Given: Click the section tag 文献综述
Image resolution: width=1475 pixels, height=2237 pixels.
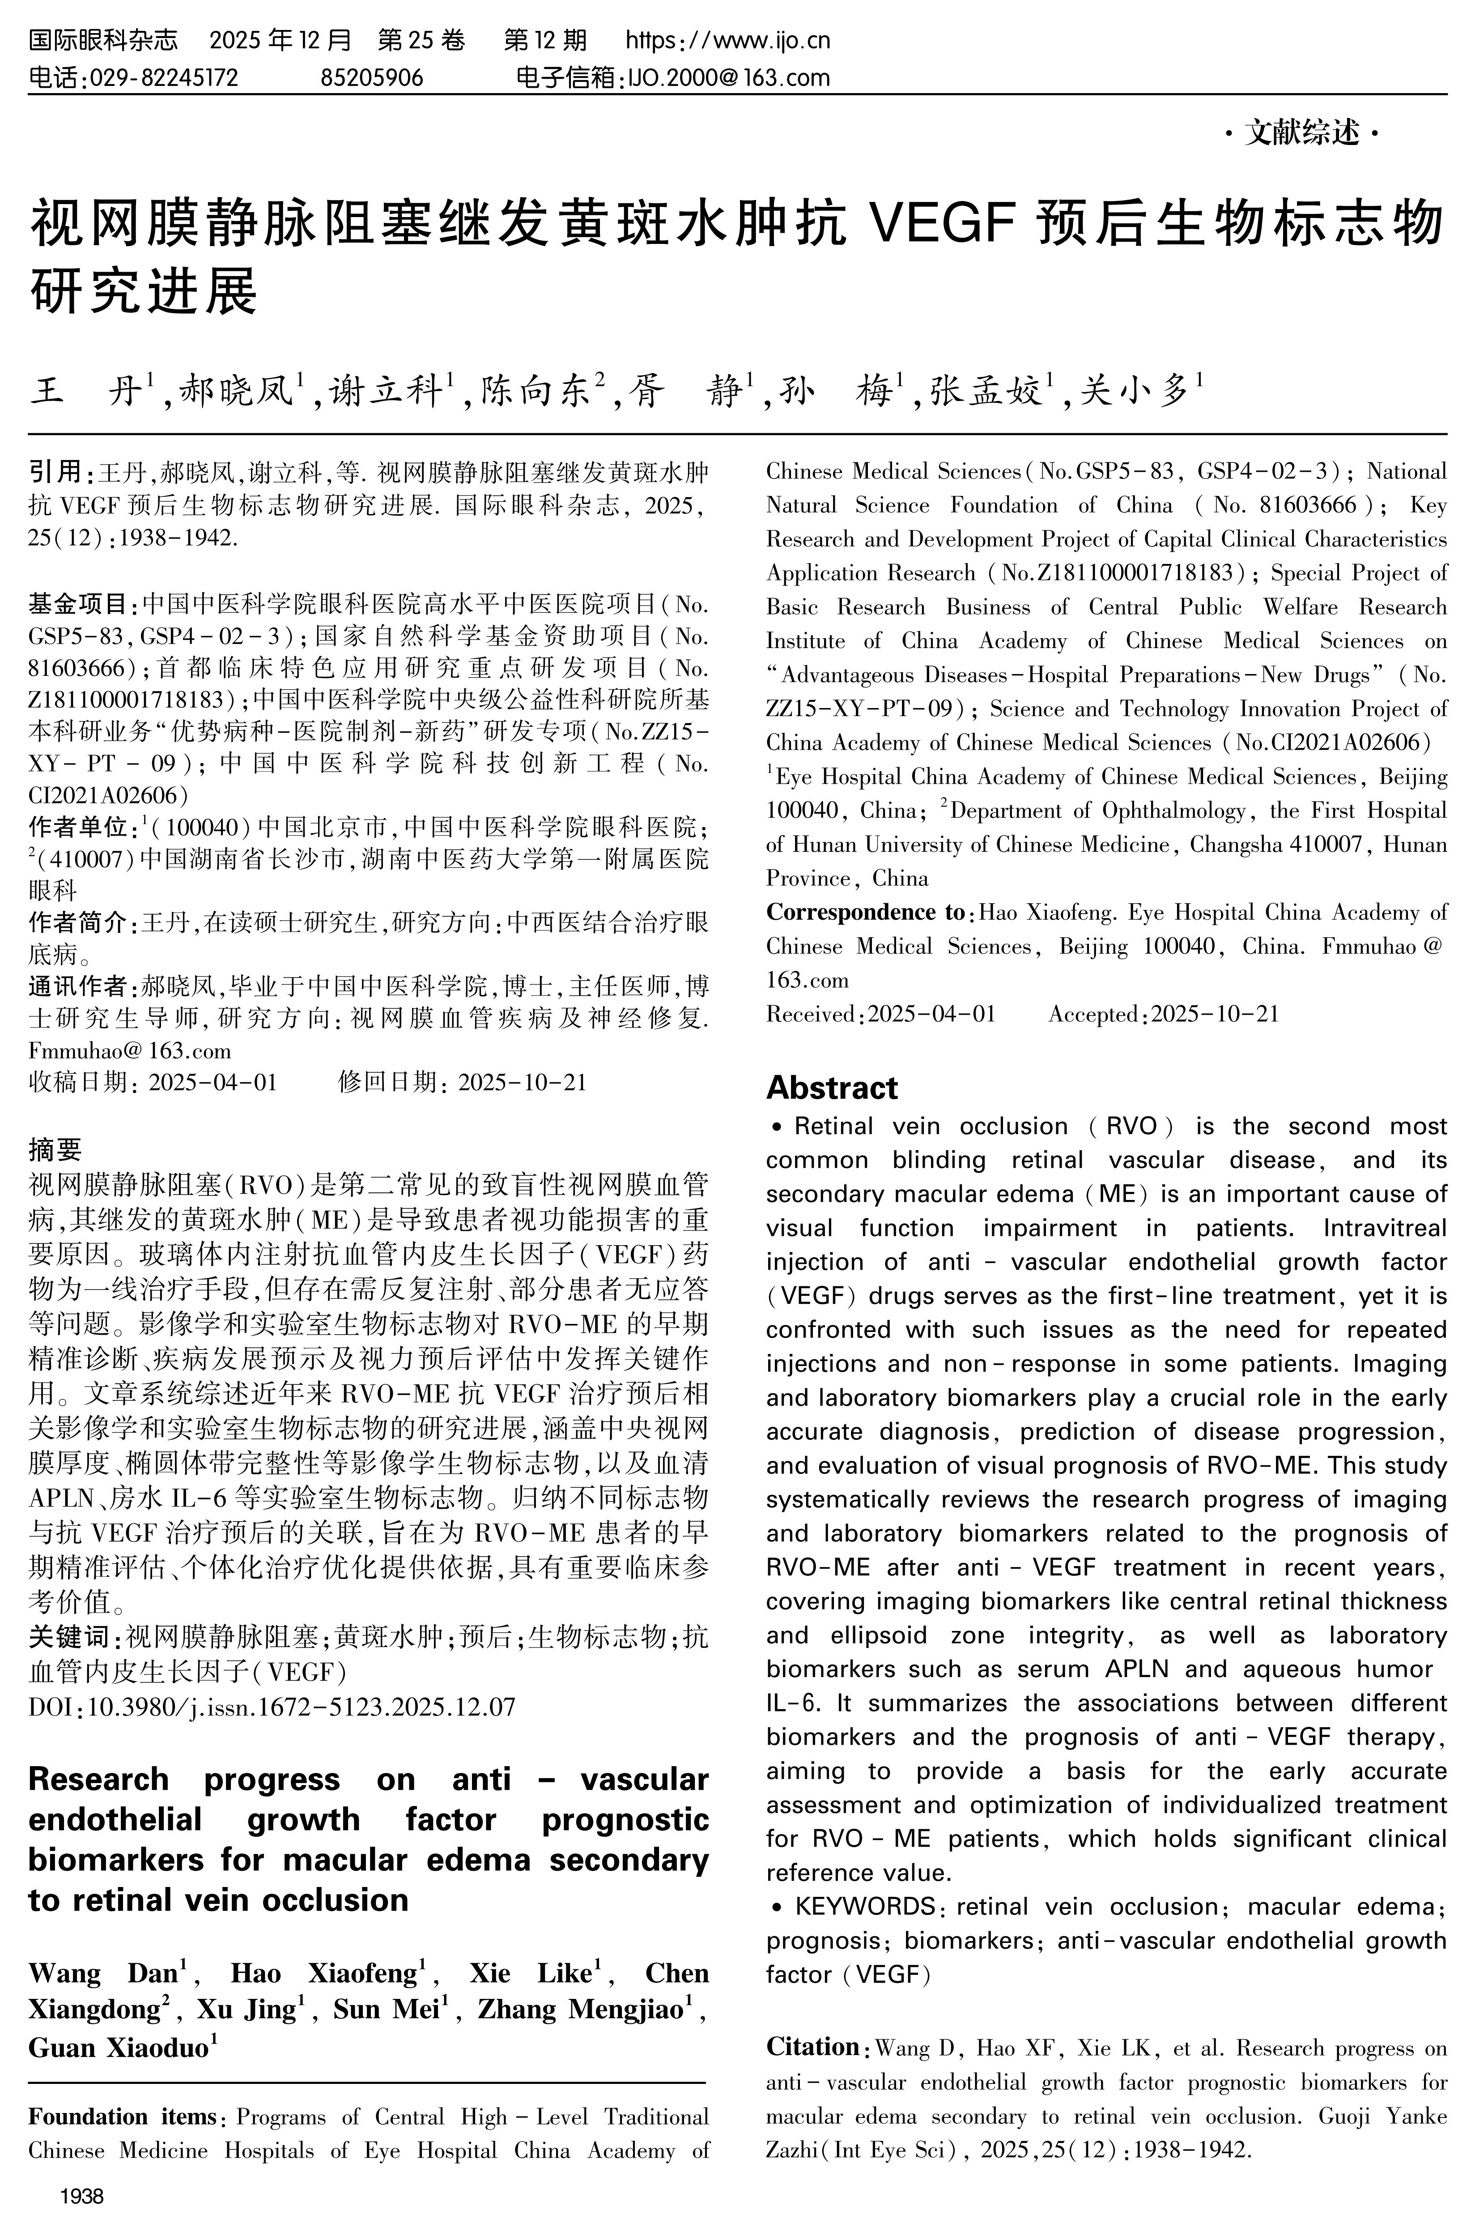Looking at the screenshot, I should point(1303,134).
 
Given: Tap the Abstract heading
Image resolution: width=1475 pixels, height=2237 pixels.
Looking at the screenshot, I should point(832,1088).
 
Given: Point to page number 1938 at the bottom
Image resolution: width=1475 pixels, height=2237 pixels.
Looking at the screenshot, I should point(82,2198).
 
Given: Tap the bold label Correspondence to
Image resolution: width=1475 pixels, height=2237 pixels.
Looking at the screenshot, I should point(865,912).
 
